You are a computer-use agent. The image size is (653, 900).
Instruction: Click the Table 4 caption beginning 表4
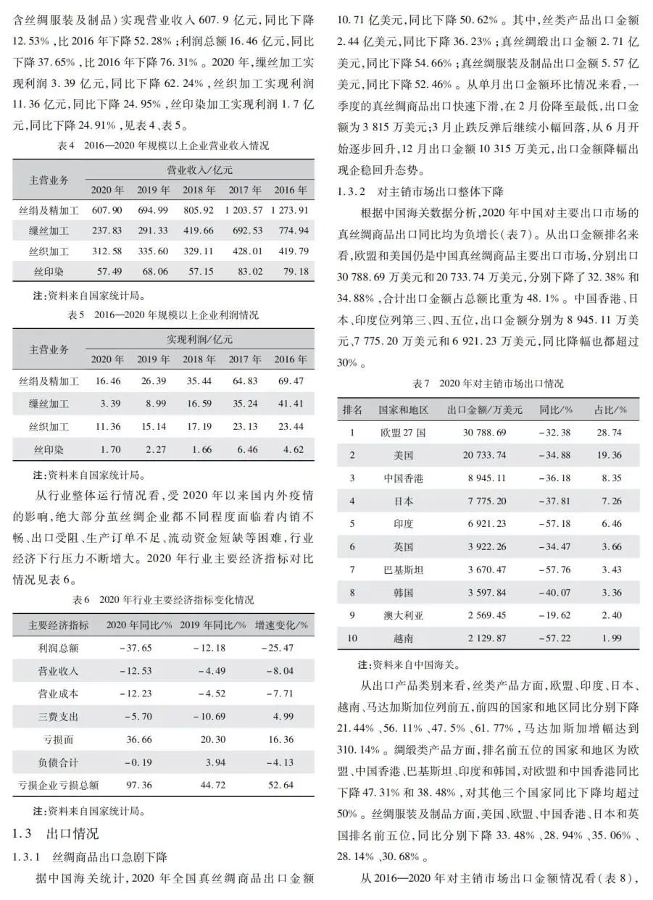point(163,146)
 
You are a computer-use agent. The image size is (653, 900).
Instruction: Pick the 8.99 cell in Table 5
point(154,403)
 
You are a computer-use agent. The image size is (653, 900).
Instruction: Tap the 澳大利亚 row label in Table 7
point(404,615)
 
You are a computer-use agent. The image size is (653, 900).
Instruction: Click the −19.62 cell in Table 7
point(555,615)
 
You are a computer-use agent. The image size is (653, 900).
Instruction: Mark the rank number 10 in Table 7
point(353,638)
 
